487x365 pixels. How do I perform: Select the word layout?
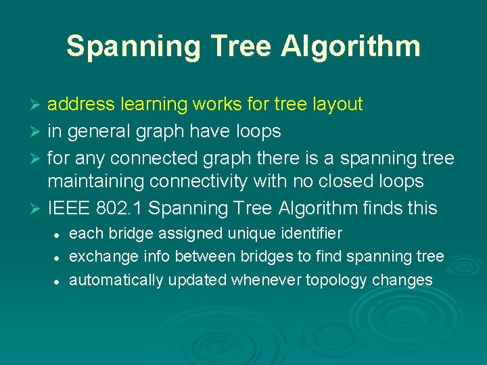pos(337,104)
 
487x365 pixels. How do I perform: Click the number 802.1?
pos(120,207)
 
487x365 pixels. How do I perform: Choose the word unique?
pos(248,234)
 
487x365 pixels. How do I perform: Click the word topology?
pos(338,280)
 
